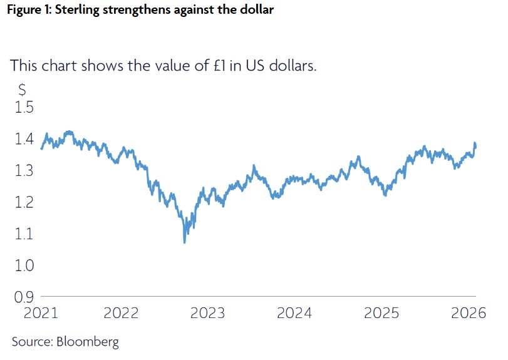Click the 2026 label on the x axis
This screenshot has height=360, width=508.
pos(469,312)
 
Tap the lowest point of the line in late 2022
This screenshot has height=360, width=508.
pos(184,241)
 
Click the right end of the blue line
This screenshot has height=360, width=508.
pos(475,147)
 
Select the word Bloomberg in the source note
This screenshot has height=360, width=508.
pos(88,342)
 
